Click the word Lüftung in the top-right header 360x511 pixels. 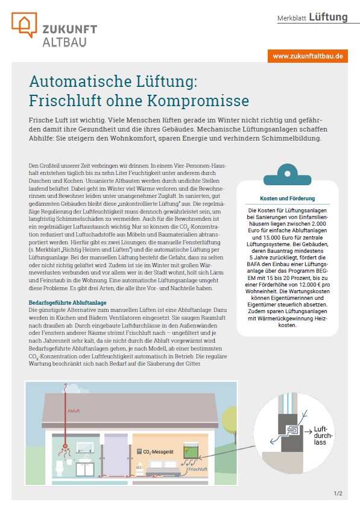[328, 17]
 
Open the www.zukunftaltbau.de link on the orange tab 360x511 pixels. [308, 56]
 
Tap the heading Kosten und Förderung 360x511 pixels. [287, 198]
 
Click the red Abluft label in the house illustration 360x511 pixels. [73, 411]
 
